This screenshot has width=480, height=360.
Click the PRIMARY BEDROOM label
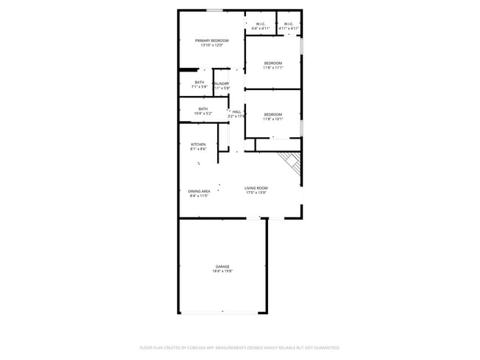click(211, 40)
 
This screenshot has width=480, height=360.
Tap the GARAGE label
click(222, 266)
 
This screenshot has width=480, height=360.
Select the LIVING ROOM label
click(256, 188)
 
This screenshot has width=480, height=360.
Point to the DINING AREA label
click(199, 191)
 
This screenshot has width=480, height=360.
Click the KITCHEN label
click(198, 144)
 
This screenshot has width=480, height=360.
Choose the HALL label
click(236, 111)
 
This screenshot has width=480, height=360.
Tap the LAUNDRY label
click(222, 83)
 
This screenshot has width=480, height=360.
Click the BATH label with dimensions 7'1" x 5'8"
click(199, 82)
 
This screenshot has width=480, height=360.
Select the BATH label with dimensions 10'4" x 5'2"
click(202, 108)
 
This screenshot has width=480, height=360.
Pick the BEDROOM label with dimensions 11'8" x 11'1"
click(273, 63)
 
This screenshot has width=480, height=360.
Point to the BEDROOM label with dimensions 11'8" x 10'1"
click(273, 114)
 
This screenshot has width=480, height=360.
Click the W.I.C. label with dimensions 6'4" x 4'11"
click(261, 24)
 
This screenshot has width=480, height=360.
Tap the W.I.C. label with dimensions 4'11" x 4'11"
click(289, 24)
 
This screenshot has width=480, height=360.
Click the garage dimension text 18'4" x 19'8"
click(222, 271)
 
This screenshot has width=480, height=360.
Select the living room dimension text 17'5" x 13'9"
click(256, 193)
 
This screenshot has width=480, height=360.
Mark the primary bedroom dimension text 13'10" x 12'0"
click(211, 45)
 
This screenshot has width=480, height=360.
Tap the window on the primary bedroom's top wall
click(215, 10)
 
